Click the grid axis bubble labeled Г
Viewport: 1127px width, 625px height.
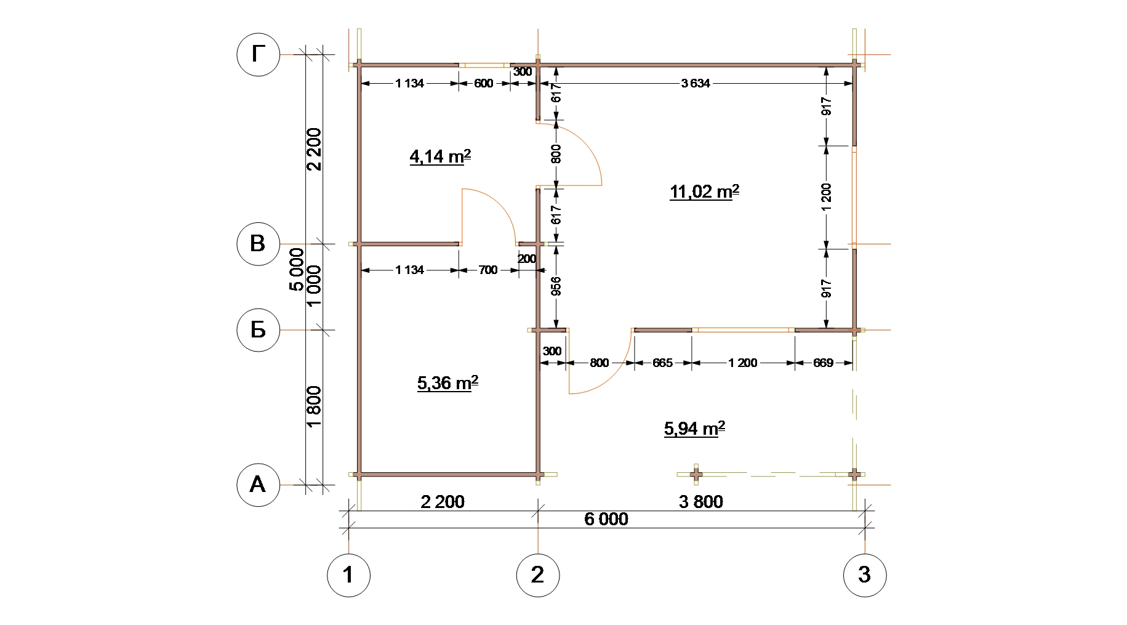(259, 55)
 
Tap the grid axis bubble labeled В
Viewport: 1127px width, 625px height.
(259, 244)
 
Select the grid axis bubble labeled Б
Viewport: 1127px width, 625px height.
(259, 329)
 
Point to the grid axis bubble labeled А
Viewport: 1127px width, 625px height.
(259, 485)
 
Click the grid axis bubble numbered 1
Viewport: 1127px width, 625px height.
(348, 575)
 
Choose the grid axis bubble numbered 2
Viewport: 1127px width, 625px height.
(538, 575)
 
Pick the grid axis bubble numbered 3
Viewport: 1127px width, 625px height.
(865, 575)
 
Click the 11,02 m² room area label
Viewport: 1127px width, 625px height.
(704, 192)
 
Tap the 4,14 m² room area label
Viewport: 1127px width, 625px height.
(440, 156)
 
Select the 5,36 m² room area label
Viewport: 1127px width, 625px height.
(447, 383)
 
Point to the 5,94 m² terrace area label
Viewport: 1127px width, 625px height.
(694, 428)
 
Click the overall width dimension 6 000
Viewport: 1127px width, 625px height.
(606, 519)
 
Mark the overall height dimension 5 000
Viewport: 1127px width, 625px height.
(297, 269)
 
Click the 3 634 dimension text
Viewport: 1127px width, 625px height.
(696, 83)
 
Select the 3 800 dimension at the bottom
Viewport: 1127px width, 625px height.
(701, 502)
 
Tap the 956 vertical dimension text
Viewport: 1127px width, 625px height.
(556, 286)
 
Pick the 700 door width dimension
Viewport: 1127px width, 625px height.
(487, 270)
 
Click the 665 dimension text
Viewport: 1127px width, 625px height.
(662, 363)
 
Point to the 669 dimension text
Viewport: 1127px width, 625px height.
(823, 363)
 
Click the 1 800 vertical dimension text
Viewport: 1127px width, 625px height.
(314, 406)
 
